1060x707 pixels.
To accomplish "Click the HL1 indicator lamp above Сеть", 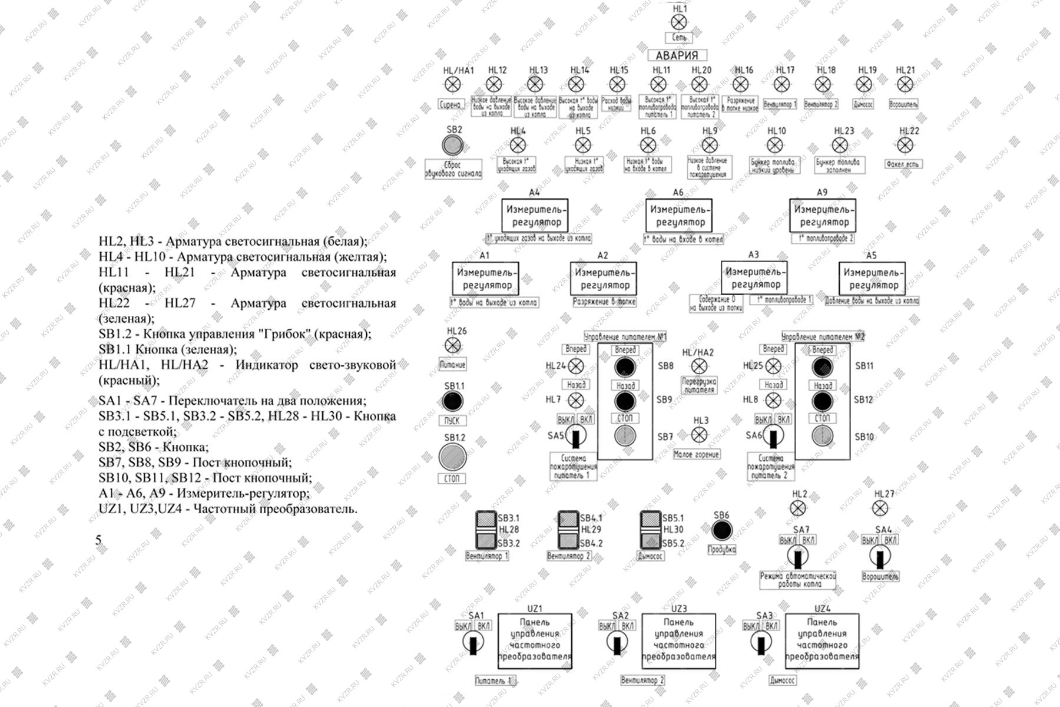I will pyautogui.click(x=679, y=22).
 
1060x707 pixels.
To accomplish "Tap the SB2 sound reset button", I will pyautogui.click(x=453, y=144).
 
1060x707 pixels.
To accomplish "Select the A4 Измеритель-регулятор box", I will pyautogui.click(x=535, y=215).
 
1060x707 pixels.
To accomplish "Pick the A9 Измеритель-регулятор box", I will pyautogui.click(x=823, y=215).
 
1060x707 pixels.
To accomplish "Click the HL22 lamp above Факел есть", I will pyautogui.click(x=904, y=145).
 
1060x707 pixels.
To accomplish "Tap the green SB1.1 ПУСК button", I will pyautogui.click(x=453, y=402).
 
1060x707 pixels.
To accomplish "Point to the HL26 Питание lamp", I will pyautogui.click(x=453, y=345).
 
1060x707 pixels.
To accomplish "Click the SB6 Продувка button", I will pyautogui.click(x=721, y=530).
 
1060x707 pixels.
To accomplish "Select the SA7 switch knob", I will pyautogui.click(x=798, y=556).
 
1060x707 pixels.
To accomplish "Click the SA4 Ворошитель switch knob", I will pyautogui.click(x=880, y=556).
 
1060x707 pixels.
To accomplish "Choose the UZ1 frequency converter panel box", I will pyautogui.click(x=535, y=641).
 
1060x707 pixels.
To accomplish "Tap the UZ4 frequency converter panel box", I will pyautogui.click(x=822, y=641).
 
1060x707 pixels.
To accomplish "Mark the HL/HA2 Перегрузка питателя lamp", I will pyautogui.click(x=698, y=366).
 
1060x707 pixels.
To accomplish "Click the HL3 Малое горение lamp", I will pyautogui.click(x=698, y=435).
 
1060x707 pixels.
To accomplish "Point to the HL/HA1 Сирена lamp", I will pyautogui.click(x=453, y=85).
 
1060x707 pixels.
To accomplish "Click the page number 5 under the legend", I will pyautogui.click(x=98, y=540).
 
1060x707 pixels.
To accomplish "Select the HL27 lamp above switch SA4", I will pyautogui.click(x=880, y=508).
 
